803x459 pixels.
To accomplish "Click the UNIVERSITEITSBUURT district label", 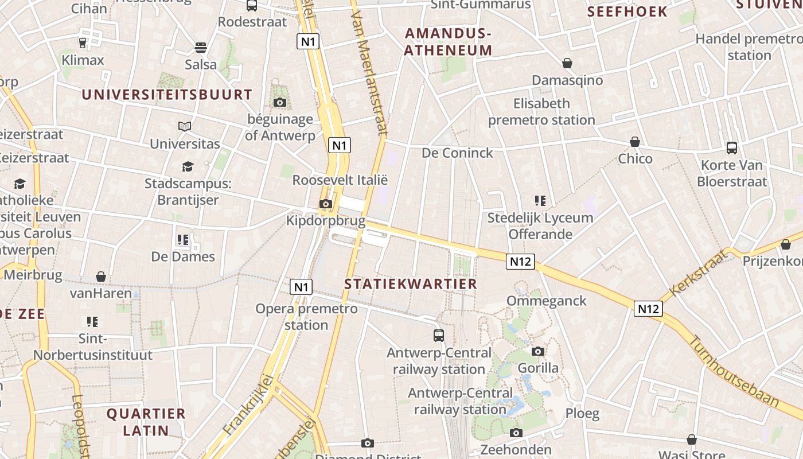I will [x=167, y=95].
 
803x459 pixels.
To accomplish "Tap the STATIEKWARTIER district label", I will [x=411, y=283].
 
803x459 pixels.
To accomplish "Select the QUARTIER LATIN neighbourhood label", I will [x=146, y=422].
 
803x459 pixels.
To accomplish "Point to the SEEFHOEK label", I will [x=627, y=11].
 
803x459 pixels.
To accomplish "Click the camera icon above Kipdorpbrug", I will [x=325, y=204].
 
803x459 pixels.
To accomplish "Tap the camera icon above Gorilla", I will [x=538, y=351].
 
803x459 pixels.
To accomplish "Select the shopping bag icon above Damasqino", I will [x=567, y=63].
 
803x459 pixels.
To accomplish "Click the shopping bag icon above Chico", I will [x=635, y=142].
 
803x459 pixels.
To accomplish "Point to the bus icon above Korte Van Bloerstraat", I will [x=732, y=148].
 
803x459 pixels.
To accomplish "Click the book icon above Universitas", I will [x=185, y=126].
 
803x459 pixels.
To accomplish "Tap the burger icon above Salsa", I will [x=201, y=47].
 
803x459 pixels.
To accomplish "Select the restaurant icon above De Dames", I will [x=183, y=239].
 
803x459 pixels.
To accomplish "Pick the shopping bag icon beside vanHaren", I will [x=101, y=277].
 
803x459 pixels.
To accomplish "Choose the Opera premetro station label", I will [x=306, y=317].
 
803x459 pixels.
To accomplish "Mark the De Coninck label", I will [x=457, y=153].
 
